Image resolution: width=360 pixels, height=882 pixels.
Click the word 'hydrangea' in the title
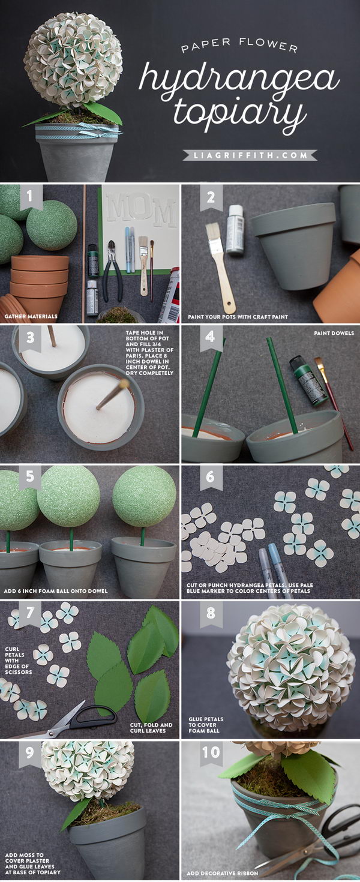(x=239, y=77)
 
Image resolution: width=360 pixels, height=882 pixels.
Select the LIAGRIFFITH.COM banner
(x=250, y=155)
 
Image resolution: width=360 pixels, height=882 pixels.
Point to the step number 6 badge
(x=211, y=478)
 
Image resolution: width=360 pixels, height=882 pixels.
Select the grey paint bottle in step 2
(x=236, y=230)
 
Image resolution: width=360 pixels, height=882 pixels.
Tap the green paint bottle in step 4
(x=308, y=379)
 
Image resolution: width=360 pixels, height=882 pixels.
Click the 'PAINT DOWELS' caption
(x=334, y=333)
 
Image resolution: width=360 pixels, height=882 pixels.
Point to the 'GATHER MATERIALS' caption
(x=31, y=316)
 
